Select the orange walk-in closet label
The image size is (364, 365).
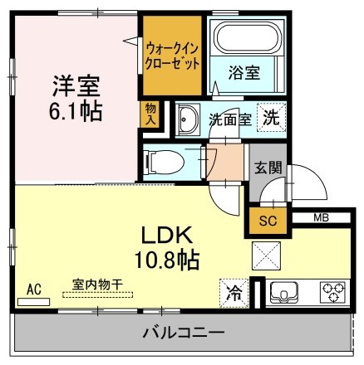[x=171, y=55]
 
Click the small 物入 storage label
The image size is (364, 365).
[x=150, y=114]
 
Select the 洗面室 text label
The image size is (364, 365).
[x=229, y=119]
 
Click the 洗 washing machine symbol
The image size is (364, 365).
[x=271, y=118]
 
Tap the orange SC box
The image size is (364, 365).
[x=267, y=221]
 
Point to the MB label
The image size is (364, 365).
[x=321, y=218]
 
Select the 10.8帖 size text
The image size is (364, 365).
[x=169, y=260]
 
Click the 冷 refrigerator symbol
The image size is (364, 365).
[x=234, y=292]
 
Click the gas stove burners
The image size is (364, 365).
[x=332, y=291]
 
